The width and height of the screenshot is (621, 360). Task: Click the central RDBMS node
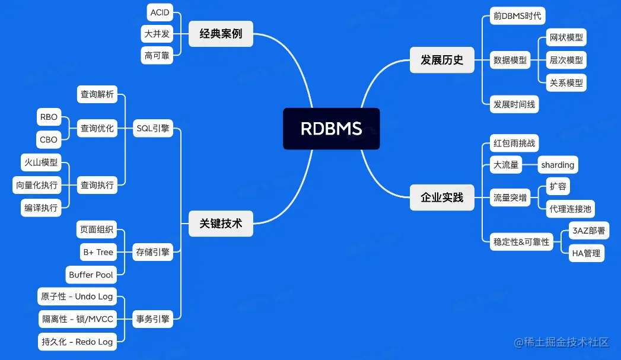[x=331, y=128]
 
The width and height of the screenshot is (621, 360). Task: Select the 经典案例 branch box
[x=221, y=34]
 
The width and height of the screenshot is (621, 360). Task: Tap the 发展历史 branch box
[x=442, y=60]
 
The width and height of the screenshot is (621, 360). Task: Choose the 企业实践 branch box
[x=442, y=197]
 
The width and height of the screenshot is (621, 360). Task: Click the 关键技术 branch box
[x=221, y=224]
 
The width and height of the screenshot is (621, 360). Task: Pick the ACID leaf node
[x=160, y=12]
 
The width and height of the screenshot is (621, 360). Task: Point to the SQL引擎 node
[x=152, y=128]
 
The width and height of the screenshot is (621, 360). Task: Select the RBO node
[x=49, y=117]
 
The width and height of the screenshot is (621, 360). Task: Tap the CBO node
[x=49, y=139]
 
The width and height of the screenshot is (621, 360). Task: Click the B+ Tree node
[x=98, y=252]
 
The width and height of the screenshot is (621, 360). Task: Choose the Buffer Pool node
[x=91, y=275]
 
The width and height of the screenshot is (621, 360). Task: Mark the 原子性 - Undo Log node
[x=77, y=297]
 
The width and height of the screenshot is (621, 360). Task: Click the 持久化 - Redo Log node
[x=77, y=342]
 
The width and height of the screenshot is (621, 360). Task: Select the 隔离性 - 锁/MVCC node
[x=77, y=319]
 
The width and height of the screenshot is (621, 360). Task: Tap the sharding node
[x=558, y=165]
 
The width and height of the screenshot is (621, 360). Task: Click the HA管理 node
[x=586, y=253]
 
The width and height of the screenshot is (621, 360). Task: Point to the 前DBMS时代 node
[x=517, y=16]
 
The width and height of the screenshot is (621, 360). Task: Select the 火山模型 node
[x=40, y=162]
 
